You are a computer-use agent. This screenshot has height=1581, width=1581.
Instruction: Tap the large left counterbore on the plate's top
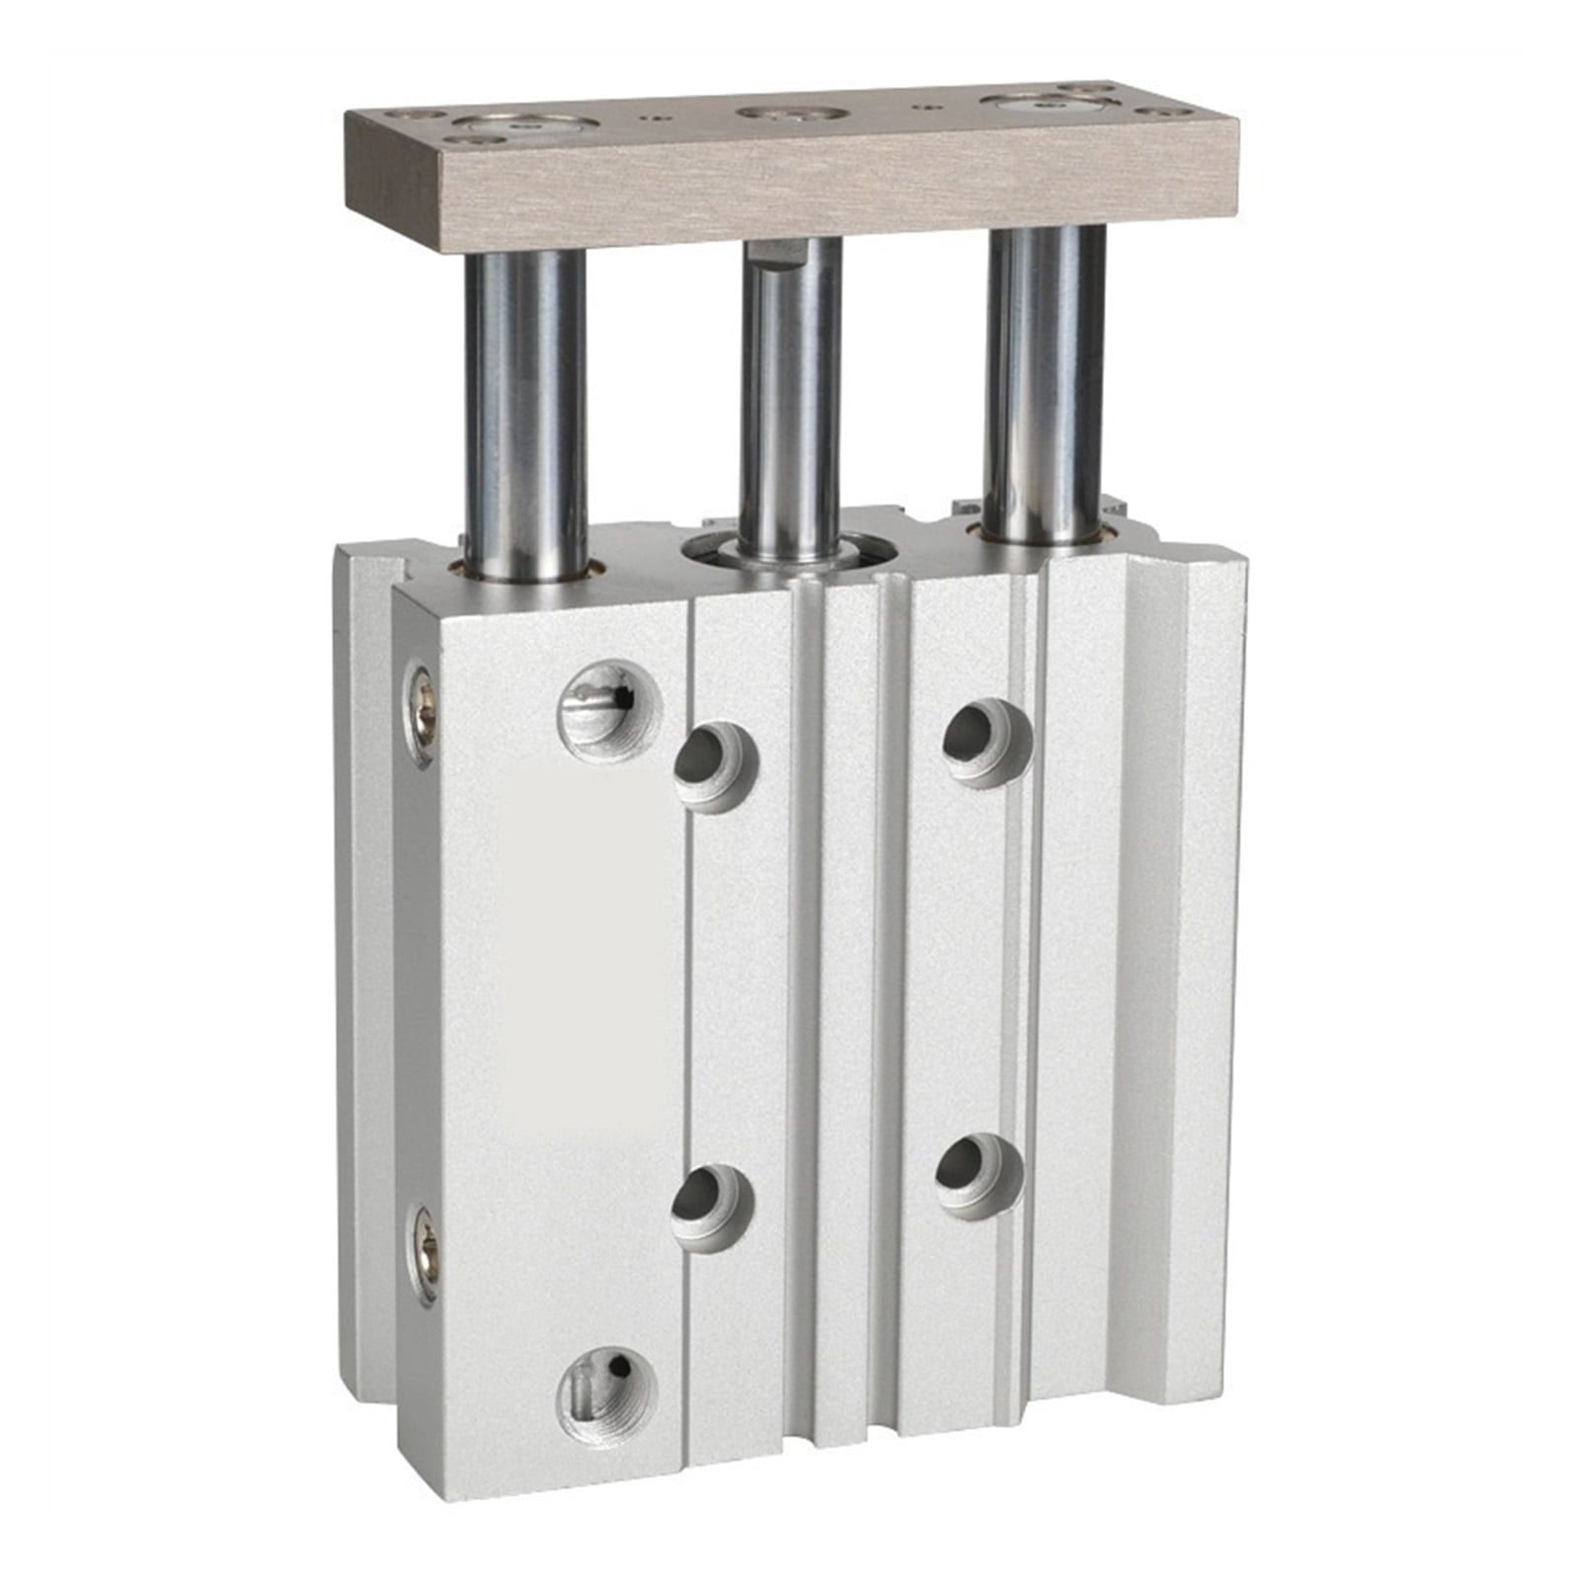(525, 127)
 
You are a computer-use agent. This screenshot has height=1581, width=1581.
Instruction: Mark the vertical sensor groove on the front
(892, 988)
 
